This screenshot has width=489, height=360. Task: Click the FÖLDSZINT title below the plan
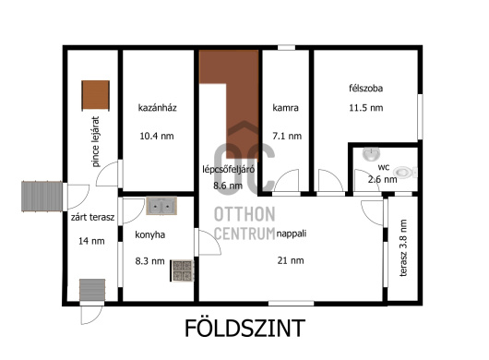[x=244, y=328]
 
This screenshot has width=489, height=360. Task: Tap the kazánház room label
[x=158, y=108]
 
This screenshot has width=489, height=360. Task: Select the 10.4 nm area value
[x=157, y=136]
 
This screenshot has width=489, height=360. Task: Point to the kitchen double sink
[x=161, y=206]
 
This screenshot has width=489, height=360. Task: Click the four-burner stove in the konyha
[x=182, y=270]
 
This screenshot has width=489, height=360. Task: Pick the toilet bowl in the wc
[x=405, y=173]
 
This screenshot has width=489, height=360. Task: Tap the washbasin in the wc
[x=371, y=154]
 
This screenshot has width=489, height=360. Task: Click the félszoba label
[x=365, y=89]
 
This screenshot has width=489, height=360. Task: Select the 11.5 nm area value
[x=365, y=108]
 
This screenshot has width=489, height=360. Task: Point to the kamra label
[x=285, y=108]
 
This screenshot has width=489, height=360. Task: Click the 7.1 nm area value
[x=287, y=136]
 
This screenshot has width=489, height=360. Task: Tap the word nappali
[x=292, y=234]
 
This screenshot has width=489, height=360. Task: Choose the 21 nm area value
[x=291, y=260]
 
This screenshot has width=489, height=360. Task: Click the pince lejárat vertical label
[x=96, y=141]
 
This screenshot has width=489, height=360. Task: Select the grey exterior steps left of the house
[x=42, y=197]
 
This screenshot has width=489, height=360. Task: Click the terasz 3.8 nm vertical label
[x=403, y=248]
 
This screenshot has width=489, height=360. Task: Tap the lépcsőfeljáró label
[x=228, y=170]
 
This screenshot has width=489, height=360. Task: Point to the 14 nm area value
[x=91, y=241]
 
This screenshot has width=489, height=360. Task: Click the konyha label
[x=150, y=234]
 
